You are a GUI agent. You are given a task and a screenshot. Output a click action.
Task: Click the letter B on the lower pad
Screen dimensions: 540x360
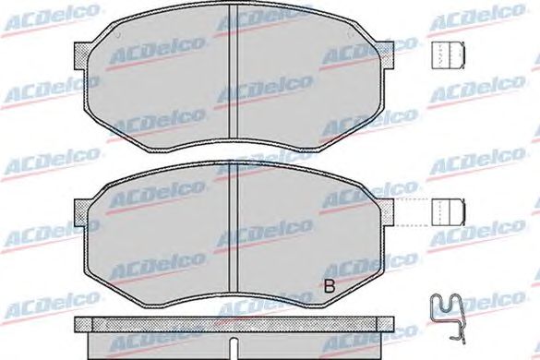point(330,285)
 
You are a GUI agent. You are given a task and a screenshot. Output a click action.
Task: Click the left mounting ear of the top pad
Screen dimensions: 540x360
point(81,55)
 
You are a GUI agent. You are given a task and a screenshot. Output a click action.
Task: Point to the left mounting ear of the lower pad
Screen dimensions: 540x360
point(81,212)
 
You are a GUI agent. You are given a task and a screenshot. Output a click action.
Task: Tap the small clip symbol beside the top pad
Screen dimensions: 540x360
point(448,55)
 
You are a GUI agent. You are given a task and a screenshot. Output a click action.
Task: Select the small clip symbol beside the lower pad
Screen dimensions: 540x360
point(448,212)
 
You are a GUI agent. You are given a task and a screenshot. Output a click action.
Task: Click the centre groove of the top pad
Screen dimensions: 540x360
point(234,72)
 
